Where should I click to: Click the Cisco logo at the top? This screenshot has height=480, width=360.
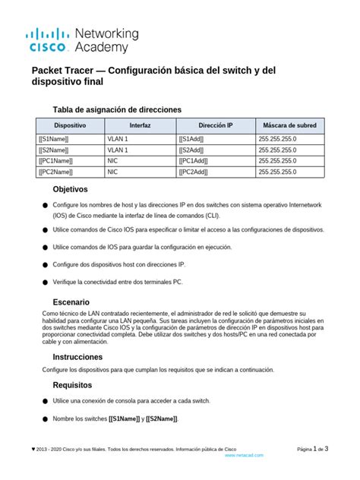click(50, 40)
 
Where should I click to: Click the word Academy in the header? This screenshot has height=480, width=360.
click(108, 48)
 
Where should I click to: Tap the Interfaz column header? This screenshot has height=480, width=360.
click(140, 125)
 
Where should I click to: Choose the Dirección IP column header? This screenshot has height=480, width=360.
click(216, 125)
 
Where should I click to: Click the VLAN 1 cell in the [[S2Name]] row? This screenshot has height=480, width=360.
click(118, 150)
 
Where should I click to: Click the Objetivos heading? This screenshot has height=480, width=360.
click(70, 189)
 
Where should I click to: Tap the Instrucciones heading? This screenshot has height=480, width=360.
click(77, 356)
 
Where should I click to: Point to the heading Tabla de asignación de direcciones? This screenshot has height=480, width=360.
click(117, 109)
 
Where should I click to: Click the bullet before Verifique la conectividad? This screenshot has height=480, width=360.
click(46, 283)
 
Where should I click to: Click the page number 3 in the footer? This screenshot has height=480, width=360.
click(327, 449)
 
